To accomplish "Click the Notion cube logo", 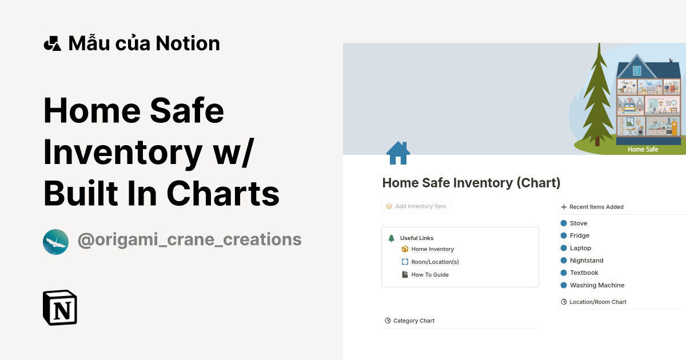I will point(60,307).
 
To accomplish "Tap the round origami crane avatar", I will point(55,242).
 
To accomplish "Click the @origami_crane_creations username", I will point(189,239).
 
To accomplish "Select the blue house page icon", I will point(398,153).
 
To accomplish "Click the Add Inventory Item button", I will point(416,206).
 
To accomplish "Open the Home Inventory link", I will point(432,249).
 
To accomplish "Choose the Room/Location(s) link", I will point(434,262).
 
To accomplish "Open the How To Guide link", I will point(429,275).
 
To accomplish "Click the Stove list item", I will point(578,223).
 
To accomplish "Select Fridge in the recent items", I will point(579,235).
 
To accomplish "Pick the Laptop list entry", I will point(580,248).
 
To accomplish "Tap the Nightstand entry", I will point(586,261).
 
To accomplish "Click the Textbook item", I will point(584,273).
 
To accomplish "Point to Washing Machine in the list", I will point(596,285).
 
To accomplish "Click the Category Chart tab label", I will point(413,321).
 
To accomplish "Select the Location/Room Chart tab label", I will point(597,302).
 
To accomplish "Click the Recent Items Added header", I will point(596,207).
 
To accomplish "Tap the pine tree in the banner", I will point(597,97).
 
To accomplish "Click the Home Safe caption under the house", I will point(643,150).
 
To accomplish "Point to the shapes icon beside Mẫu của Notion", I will point(52,43).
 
